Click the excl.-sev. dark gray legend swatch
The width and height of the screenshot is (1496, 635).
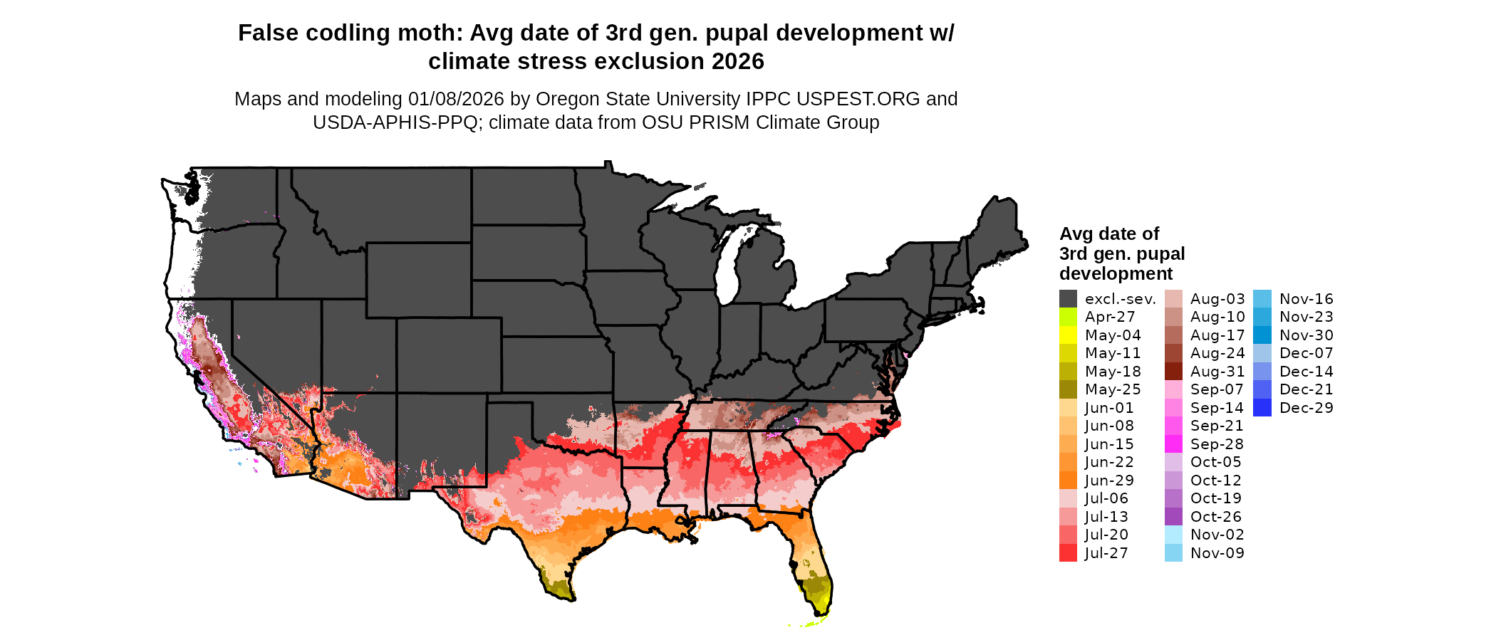pos(1068,299)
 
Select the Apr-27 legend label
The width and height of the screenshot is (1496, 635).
pos(1109,317)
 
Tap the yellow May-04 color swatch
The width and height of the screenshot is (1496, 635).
pos(1068,335)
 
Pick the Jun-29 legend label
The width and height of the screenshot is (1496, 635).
pos(1109,481)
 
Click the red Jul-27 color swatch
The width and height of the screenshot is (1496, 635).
pos(1068,553)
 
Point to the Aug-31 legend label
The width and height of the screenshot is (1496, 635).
pos(1217,372)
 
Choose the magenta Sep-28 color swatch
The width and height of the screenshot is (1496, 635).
pos(1173,444)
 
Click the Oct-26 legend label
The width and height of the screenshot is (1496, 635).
pos(1215,517)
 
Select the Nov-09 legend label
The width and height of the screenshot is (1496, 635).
pos(1217,553)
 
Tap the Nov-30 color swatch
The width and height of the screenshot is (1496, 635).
pos(1262,335)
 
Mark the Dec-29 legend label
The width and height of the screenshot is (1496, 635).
pos(1306,408)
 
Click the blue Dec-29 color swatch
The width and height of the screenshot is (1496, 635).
pos(1262,408)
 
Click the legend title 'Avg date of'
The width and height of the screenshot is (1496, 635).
pos(1108,234)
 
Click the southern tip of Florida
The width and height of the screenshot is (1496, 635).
pos(819,614)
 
